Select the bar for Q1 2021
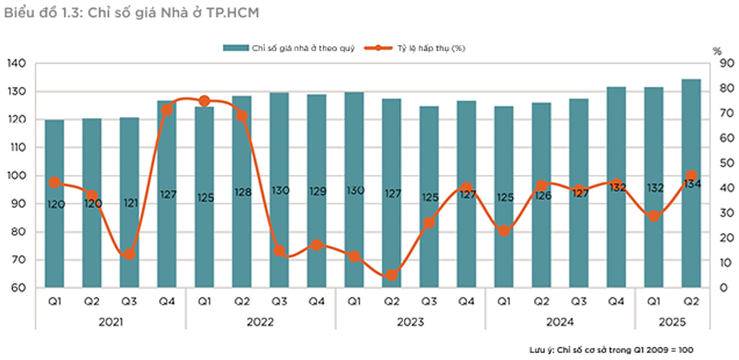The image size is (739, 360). (x=54, y=228)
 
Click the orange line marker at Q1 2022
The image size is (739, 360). (x=204, y=101)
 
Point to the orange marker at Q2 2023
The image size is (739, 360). (x=391, y=276)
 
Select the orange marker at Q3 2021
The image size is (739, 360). (x=129, y=254)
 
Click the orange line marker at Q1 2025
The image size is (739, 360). (x=653, y=217)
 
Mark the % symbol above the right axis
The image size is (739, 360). (x=717, y=50)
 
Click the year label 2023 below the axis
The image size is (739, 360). (x=409, y=322)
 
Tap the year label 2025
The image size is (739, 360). (x=671, y=322)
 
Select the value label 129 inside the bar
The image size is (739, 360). (x=317, y=192)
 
